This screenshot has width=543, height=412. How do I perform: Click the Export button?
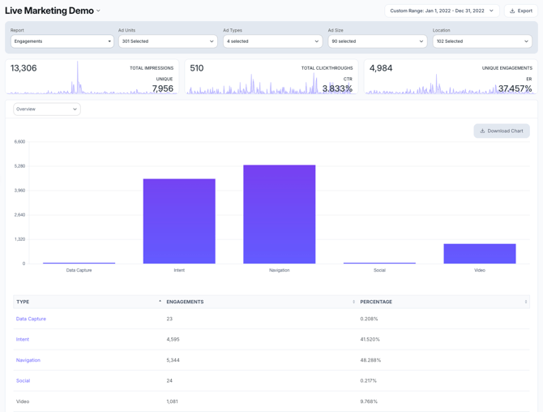click(x=521, y=11)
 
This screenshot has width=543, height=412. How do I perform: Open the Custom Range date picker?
click(x=442, y=11)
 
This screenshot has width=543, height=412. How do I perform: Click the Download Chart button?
click(x=502, y=131)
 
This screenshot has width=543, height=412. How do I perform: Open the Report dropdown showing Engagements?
click(x=62, y=41)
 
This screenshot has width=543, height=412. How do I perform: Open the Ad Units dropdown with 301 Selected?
click(x=167, y=41)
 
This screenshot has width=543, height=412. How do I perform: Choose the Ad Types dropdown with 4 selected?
click(x=271, y=41)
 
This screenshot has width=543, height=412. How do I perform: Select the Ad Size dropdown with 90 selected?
click(x=377, y=41)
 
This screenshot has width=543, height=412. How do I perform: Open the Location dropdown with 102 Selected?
click(x=481, y=41)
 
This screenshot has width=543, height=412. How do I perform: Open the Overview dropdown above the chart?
click(x=46, y=109)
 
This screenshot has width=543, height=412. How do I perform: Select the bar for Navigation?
click(x=279, y=214)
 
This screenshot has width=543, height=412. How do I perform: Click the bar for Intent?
click(x=179, y=221)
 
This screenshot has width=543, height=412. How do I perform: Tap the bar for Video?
click(x=480, y=254)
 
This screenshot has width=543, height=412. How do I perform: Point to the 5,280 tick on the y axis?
click(x=19, y=166)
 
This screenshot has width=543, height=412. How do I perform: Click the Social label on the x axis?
click(x=379, y=270)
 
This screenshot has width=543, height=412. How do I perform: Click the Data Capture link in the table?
click(x=31, y=319)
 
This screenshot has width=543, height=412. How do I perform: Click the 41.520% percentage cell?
click(x=370, y=339)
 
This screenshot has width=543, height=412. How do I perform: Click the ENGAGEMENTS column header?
click(x=185, y=302)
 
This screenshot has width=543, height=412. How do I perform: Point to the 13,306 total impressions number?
click(x=24, y=68)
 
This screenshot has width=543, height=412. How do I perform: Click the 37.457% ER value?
click(x=515, y=88)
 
